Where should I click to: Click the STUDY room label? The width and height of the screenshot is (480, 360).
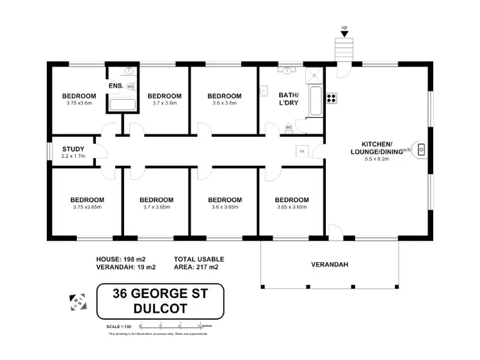pos(74,150)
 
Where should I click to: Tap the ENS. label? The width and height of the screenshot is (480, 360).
pos(116,86)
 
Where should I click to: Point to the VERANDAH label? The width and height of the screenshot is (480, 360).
pos(330,264)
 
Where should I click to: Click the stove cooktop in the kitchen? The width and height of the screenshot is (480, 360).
pos(332,98)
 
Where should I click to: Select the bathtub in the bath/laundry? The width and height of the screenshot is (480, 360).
pos(315,100)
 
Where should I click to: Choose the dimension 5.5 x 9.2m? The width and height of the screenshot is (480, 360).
pos(376,158)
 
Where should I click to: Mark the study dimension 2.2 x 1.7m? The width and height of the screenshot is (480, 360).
pos(73,157)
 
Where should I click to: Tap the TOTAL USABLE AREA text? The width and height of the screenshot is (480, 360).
pos(199,263)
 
